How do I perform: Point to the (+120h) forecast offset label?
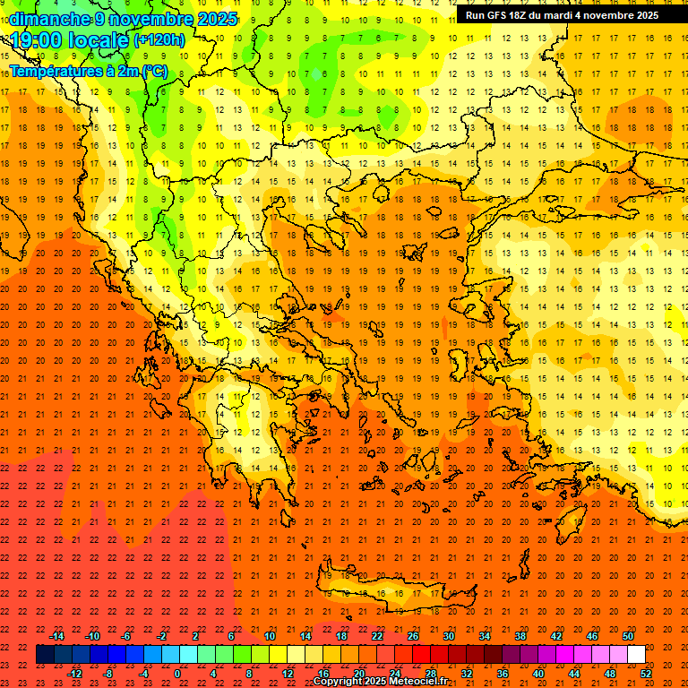159,40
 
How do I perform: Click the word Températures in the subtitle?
54,71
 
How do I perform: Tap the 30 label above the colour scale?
448,636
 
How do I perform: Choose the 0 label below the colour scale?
177,674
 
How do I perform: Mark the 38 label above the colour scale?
520,636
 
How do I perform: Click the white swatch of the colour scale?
636,655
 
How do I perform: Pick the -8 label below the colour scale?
108,674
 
